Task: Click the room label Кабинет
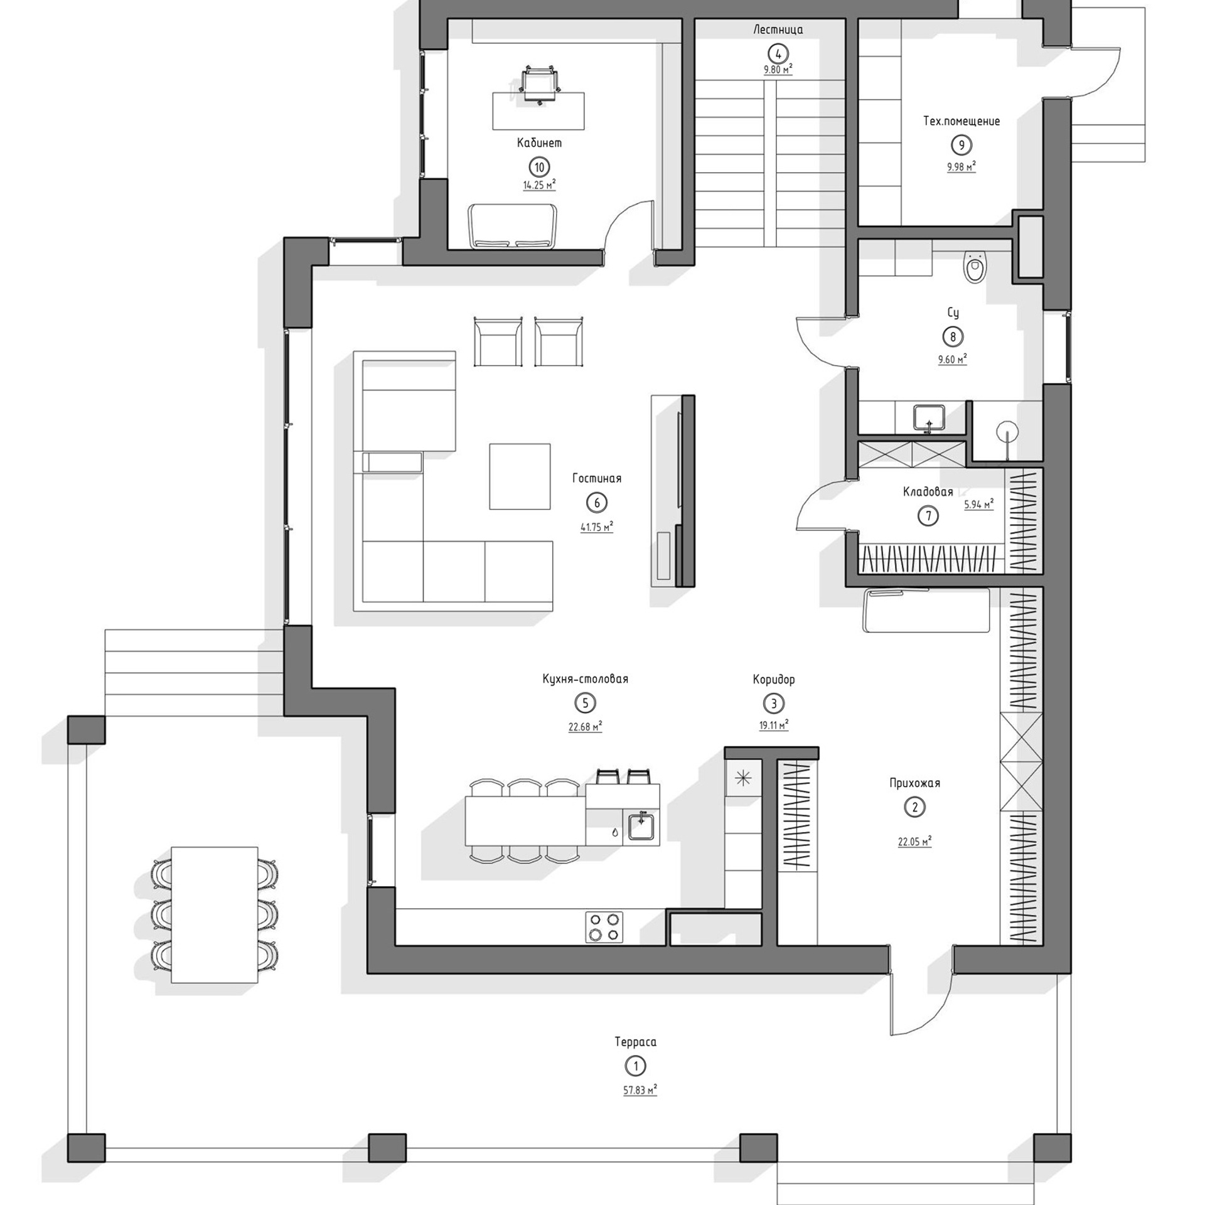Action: [x=539, y=143]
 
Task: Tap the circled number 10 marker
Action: [x=539, y=167]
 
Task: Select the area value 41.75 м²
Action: [x=596, y=527]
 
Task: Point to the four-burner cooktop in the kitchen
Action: [x=604, y=927]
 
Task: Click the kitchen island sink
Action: [x=641, y=827]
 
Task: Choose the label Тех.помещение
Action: [x=961, y=121]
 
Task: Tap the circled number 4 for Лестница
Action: [x=778, y=53]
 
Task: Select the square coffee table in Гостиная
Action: [x=520, y=476]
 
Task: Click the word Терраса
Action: [x=635, y=1042]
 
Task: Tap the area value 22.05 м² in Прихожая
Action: [x=914, y=842]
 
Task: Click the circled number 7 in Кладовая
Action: [x=928, y=516]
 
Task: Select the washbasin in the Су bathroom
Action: [x=929, y=417]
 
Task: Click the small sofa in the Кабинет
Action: [x=512, y=226]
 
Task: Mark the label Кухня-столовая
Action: [x=585, y=679]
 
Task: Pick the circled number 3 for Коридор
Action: [x=773, y=704]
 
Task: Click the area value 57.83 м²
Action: [x=640, y=1091]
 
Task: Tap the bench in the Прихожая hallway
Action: [x=927, y=610]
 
